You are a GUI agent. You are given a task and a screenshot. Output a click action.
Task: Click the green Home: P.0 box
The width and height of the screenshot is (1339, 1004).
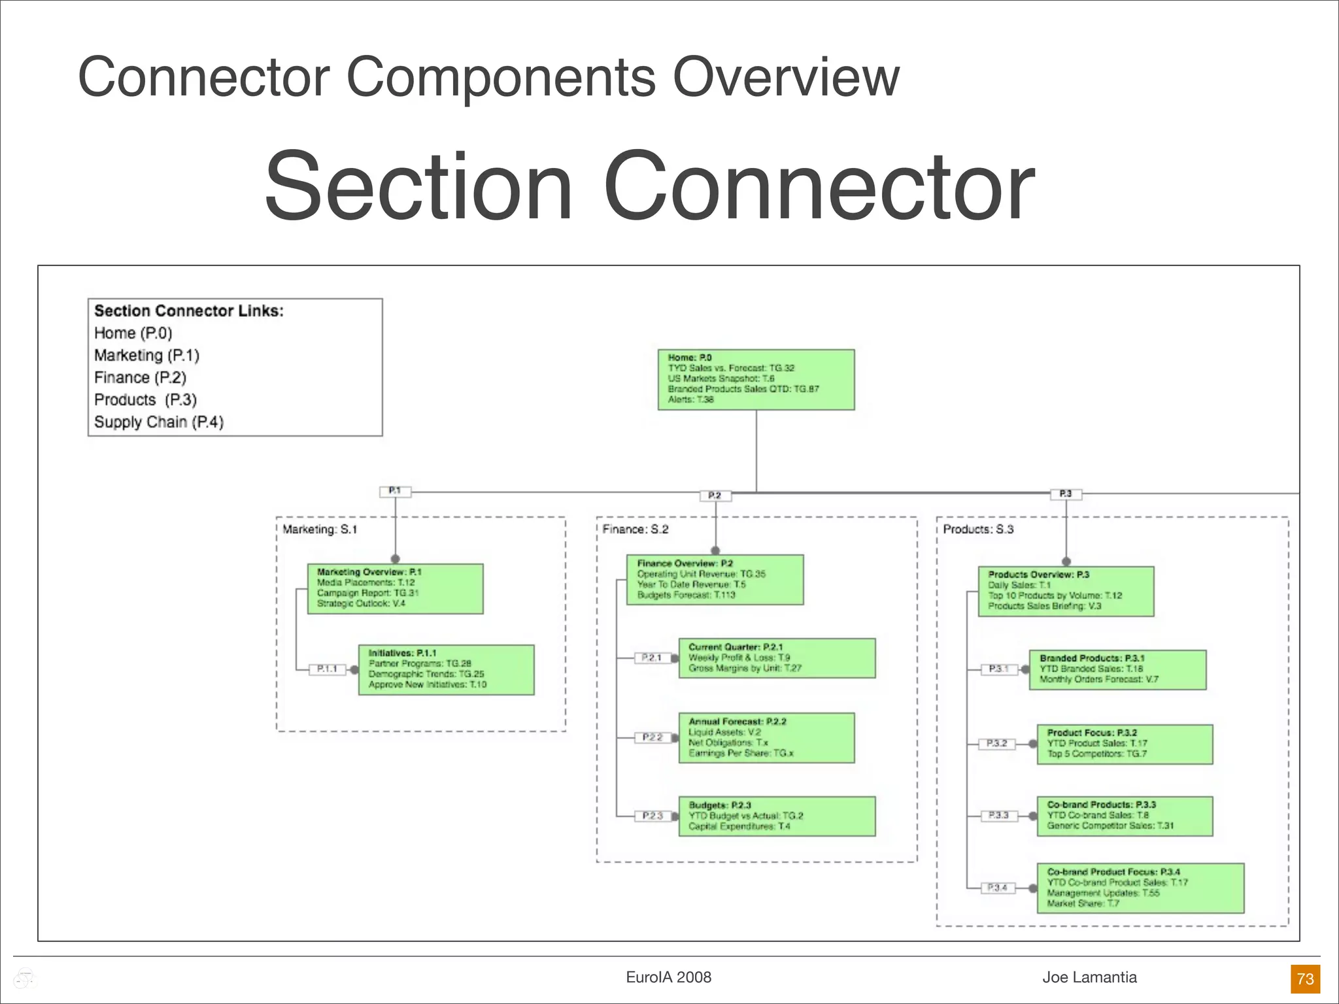tap(756, 379)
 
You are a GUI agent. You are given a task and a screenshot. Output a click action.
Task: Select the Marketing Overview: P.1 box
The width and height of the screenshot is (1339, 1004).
tap(395, 588)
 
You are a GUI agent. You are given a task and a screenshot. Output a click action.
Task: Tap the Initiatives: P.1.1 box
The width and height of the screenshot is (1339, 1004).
tap(446, 669)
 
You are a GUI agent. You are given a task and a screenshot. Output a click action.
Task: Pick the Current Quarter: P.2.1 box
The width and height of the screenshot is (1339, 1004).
tap(777, 658)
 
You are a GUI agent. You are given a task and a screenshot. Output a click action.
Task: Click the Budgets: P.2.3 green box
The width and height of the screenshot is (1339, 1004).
tap(777, 816)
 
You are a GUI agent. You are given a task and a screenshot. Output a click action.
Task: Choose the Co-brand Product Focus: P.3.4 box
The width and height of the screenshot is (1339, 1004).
tap(1140, 888)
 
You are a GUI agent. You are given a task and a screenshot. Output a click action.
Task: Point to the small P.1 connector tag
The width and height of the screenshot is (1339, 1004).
tap(395, 491)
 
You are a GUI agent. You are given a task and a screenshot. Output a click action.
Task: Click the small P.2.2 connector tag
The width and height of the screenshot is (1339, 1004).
tap(652, 737)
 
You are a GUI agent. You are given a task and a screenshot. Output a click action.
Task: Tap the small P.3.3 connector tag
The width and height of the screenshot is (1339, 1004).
tap(998, 815)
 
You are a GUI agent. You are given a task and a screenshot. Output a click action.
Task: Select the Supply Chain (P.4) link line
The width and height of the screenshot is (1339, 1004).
tap(159, 422)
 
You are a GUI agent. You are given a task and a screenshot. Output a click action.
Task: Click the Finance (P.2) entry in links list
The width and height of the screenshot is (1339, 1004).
tap(140, 378)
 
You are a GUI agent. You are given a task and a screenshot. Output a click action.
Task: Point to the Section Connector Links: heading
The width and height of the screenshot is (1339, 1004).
tap(189, 311)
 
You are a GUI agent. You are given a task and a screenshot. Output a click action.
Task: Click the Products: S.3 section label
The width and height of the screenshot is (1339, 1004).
tap(977, 529)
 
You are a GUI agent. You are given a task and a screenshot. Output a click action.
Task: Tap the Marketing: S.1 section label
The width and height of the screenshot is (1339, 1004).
tap(320, 529)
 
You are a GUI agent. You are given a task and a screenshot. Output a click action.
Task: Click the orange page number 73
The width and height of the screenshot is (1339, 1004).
tap(1305, 979)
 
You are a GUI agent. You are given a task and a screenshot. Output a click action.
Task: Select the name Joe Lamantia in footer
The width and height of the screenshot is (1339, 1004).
tap(1089, 977)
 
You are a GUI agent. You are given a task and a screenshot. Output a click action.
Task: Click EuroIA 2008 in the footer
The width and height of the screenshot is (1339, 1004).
tap(668, 977)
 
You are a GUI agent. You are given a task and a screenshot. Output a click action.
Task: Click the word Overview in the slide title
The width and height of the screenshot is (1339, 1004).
tap(786, 77)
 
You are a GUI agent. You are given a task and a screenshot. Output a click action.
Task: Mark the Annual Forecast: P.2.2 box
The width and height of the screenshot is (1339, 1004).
tap(766, 737)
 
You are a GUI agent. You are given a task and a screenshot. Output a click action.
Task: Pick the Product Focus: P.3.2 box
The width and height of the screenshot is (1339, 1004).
tap(1125, 744)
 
